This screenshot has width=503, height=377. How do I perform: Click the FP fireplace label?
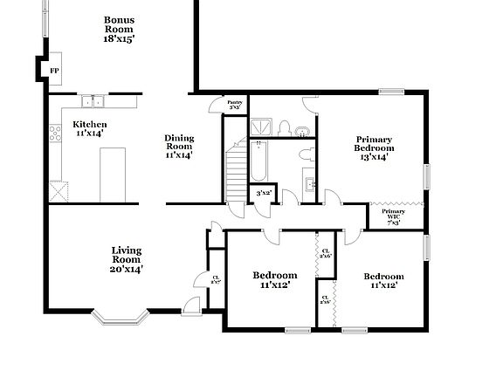click(54, 70)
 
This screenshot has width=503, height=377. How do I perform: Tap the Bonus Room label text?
click(119, 29)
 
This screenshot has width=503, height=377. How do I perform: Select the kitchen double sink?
click(93, 99)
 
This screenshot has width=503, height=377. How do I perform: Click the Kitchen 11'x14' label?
click(89, 129)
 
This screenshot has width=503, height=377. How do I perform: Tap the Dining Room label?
click(179, 147)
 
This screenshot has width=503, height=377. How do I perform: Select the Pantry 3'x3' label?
click(235, 106)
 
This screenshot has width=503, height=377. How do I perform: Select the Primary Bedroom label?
click(374, 148)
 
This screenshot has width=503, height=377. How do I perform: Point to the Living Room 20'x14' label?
click(126, 260)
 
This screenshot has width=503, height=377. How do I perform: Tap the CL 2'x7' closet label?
click(215, 279)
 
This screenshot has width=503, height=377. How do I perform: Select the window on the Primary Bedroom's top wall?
click(390, 91)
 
